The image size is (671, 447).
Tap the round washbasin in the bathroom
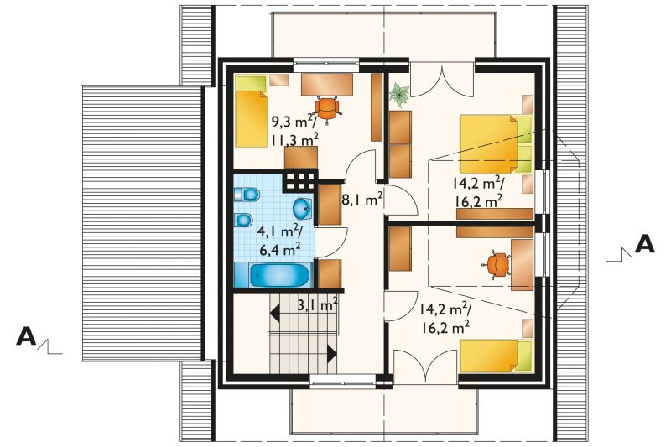point(303,208)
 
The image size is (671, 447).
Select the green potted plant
point(399,95)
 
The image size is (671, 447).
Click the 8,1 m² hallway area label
point(362,199)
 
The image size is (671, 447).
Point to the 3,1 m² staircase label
point(318,305)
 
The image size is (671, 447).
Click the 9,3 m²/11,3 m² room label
point(295,130)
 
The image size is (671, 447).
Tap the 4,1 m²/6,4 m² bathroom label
point(279,241)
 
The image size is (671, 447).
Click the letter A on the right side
point(644,245)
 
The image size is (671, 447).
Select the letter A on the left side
point(26,336)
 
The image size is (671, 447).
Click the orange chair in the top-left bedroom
point(328,109)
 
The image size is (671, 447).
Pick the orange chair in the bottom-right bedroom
point(497,264)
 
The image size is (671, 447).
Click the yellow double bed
point(496,143)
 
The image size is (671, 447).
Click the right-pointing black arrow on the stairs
point(332,353)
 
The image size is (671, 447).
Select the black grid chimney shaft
point(300,181)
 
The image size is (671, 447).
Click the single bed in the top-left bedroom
point(251,112)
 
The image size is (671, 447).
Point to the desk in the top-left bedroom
point(327,84)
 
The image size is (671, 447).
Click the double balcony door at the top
point(442,79)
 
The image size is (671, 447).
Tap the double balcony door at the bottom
point(425,365)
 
